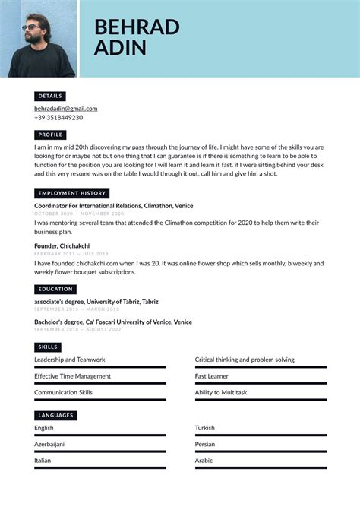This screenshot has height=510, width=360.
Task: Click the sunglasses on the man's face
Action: point(31,27)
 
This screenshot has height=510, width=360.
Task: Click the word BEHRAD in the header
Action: point(137,27)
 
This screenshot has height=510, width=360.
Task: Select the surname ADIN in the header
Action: point(120,49)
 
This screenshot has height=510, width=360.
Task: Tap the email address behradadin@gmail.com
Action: point(65,109)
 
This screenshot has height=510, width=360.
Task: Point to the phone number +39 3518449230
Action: point(58,118)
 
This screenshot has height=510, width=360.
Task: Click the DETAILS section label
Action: point(50,97)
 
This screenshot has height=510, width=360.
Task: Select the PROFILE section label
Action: point(51,135)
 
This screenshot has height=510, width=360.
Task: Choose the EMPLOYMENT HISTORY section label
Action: point(72,193)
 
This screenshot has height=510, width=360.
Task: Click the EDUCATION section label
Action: point(55,289)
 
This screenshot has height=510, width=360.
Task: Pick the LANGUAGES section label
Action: point(55,415)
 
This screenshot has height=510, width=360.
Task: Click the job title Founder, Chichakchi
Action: point(62,246)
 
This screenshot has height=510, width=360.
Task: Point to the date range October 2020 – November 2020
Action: point(73,214)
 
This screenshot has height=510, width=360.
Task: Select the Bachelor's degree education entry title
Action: point(113,322)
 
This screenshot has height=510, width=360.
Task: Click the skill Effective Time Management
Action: point(72,376)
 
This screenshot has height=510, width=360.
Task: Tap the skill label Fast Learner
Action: point(212,376)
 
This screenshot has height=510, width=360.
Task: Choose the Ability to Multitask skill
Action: point(221,392)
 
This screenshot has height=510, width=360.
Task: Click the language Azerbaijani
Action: point(49,444)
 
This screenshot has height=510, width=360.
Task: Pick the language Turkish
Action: point(205,428)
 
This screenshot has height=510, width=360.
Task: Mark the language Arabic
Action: point(204,461)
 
